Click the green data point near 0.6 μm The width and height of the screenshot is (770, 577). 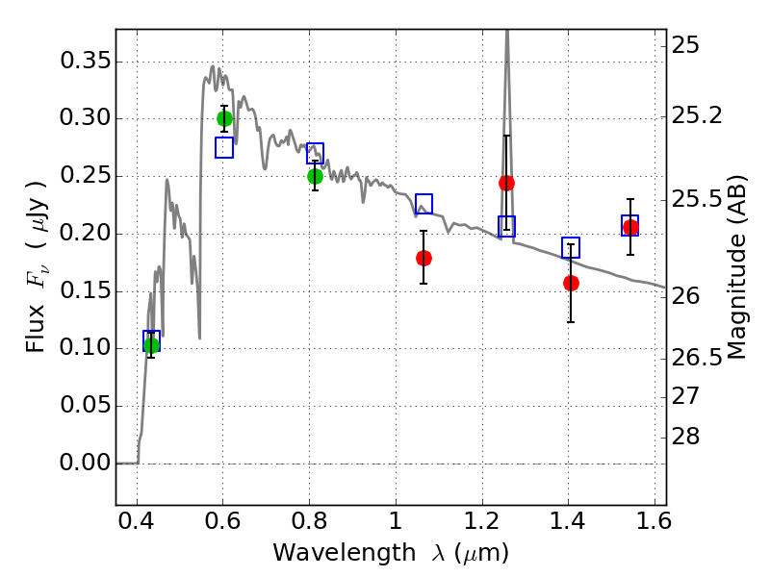pos(224,118)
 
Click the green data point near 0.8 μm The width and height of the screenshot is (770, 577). pos(315,176)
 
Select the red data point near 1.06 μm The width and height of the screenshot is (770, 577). pos(423,258)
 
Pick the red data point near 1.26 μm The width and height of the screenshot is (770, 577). pos(506,183)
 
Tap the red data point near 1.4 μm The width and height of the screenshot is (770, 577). pos(571,283)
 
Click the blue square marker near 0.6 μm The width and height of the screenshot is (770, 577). pos(224,147)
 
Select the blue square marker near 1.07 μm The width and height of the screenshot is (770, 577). pos(423,204)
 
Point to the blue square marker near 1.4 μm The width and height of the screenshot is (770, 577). pos(571,247)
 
